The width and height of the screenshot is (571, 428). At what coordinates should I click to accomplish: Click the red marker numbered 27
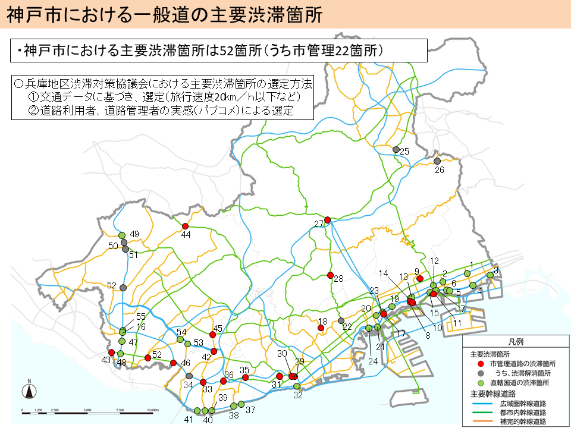pyautogui.click(x=327, y=220)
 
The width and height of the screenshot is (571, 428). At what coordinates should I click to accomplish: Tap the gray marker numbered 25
pyautogui.click(x=396, y=149)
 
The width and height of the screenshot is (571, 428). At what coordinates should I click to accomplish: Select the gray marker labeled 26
pyautogui.click(x=437, y=161)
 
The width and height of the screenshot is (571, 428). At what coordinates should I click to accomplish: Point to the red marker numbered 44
pyautogui.click(x=185, y=226)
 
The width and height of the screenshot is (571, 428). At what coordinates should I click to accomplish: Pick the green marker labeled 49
pyautogui.click(x=122, y=235)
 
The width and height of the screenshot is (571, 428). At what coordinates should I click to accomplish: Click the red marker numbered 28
pyautogui.click(x=330, y=275)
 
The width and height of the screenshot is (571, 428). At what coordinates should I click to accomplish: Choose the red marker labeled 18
pyautogui.click(x=321, y=328)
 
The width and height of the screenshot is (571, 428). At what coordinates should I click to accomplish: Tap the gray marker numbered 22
pyautogui.click(x=341, y=320)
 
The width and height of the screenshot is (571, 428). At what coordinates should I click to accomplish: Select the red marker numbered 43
pyautogui.click(x=111, y=353)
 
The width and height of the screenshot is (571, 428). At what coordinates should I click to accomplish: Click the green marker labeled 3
pyautogui.click(x=490, y=275)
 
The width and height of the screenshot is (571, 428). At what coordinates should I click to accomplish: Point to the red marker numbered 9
pyautogui.click(x=419, y=278)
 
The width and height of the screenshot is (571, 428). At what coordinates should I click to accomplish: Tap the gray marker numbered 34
pyautogui.click(x=189, y=376)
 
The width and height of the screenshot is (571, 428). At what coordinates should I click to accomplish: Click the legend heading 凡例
pyautogui.click(x=515, y=342)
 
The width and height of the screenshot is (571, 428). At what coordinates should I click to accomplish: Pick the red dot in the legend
pyautogui.click(x=481, y=363)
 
